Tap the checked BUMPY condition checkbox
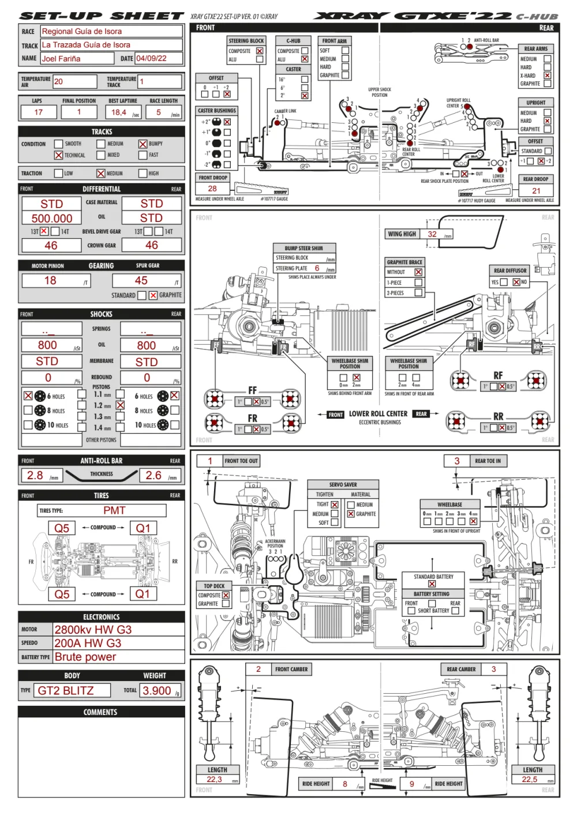(143, 144)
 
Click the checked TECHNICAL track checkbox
(58, 155)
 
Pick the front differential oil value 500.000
(52, 218)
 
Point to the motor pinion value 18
(51, 280)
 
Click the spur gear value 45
(141, 280)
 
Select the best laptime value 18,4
(119, 112)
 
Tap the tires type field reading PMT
(114, 510)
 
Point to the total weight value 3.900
(157, 690)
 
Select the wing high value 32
(432, 234)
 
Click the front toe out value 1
(210, 461)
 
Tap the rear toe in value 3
(457, 461)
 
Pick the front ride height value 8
(345, 784)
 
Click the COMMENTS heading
(101, 712)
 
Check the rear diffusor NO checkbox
(516, 282)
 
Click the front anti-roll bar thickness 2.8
(36, 475)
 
